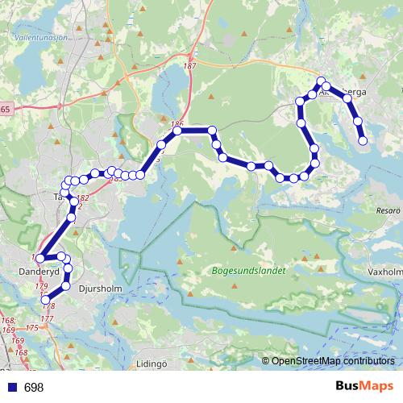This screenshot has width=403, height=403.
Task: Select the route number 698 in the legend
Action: [34, 388]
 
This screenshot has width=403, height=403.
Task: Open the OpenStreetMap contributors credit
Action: [333, 361]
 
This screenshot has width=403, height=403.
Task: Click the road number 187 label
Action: [190, 67]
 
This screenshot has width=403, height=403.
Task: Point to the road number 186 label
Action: [177, 123]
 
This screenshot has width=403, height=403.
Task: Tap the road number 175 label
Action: [33, 329]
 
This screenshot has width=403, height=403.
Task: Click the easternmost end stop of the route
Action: [364, 140]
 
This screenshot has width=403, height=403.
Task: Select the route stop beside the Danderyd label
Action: [39, 259]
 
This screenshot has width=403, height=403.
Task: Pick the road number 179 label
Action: [42, 286]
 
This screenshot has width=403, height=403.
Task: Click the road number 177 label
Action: [47, 319]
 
